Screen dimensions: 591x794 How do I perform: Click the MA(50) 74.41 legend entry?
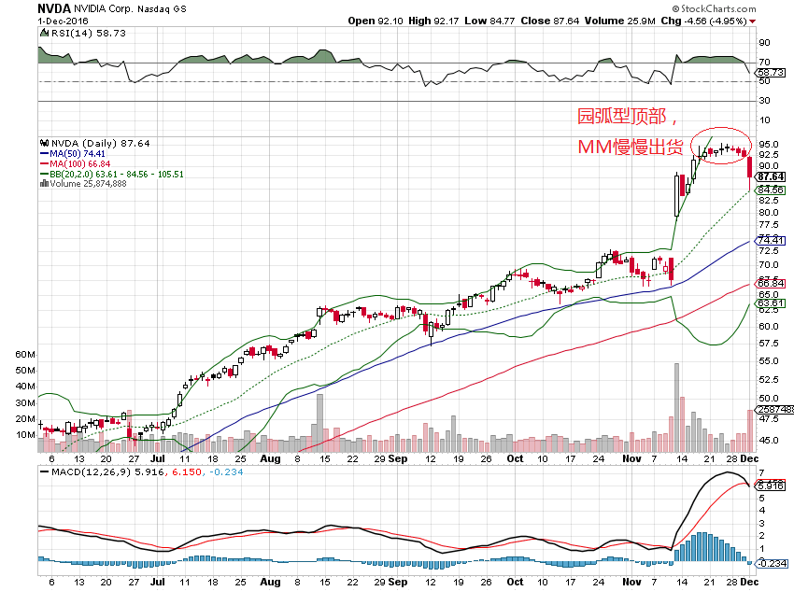(x=78, y=152)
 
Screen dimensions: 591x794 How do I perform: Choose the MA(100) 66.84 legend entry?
(x=79, y=162)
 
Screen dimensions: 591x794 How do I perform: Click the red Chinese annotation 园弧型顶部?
(x=621, y=117)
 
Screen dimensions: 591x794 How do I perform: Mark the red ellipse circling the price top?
(x=721, y=145)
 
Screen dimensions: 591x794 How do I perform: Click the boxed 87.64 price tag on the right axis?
(x=769, y=176)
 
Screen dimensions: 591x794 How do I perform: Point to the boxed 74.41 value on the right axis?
(x=769, y=241)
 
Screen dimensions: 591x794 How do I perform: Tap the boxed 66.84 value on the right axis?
(x=769, y=285)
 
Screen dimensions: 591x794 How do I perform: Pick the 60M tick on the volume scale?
(x=25, y=356)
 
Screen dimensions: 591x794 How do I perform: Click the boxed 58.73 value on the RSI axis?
(x=769, y=72)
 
